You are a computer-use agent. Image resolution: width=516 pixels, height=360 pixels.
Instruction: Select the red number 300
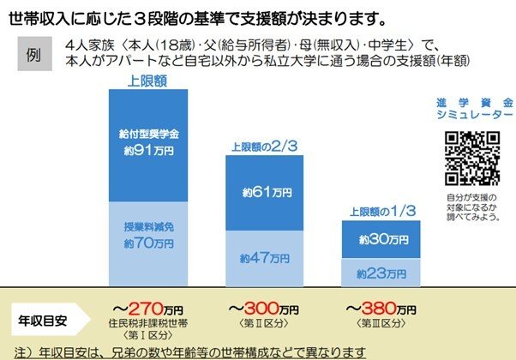point(261,308)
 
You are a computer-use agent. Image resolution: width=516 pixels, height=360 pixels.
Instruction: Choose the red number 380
point(378,308)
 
